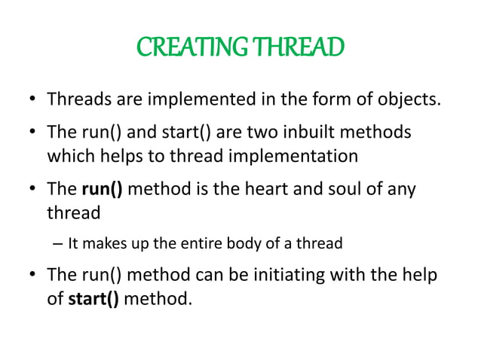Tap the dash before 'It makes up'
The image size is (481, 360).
pyautogui.click(x=58, y=244)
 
